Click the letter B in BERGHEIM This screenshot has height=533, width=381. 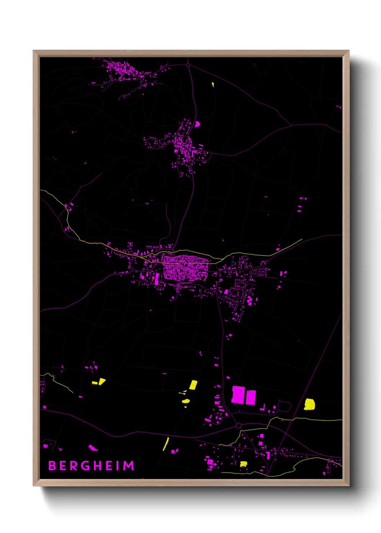52,466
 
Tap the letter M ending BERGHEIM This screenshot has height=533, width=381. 129,466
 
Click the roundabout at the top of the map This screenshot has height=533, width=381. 188,65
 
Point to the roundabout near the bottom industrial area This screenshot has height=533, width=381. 238,426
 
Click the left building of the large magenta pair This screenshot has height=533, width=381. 238,395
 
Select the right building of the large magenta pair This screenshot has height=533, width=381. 251,397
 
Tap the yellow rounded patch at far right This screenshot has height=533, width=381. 309,404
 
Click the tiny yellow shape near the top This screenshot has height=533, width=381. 213,85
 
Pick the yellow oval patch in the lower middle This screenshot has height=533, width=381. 186,401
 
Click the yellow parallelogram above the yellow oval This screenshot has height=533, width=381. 193,385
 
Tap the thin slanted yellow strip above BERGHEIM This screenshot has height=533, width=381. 166,444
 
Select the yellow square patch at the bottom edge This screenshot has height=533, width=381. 244,464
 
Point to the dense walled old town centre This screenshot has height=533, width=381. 185,268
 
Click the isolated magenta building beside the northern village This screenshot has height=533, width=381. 197,124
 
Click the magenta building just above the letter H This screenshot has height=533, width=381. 93,448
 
